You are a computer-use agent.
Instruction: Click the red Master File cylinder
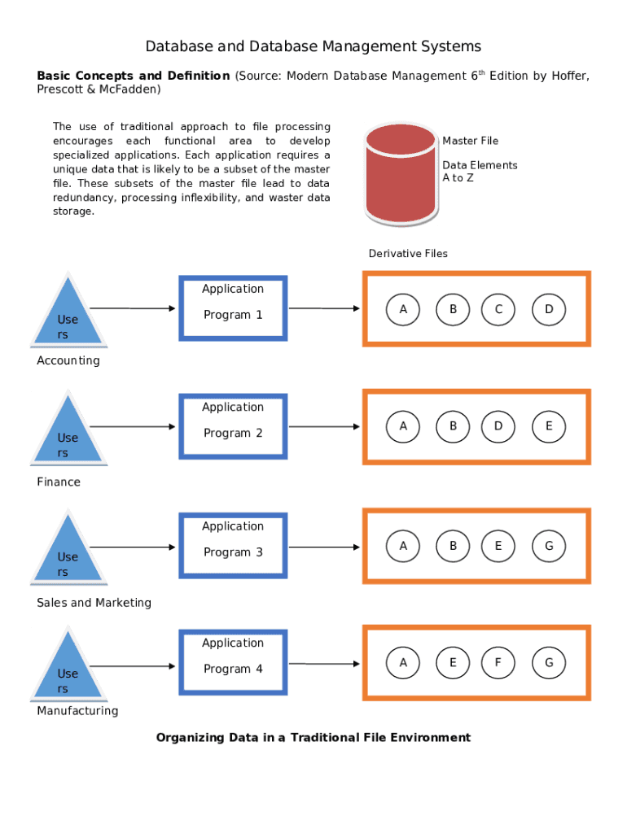click(x=401, y=174)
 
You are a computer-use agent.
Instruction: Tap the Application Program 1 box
click(x=233, y=307)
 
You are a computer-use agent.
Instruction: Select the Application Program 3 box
click(x=233, y=545)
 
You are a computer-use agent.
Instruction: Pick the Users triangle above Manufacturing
click(x=68, y=669)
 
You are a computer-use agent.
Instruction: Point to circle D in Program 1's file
click(x=549, y=309)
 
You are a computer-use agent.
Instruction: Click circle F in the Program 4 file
click(x=498, y=663)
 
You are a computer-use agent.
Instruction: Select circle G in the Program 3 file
click(x=549, y=547)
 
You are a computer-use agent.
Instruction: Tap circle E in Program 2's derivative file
click(x=549, y=426)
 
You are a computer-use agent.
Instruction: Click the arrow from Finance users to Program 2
click(x=132, y=426)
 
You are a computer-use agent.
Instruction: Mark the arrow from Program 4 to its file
click(x=324, y=665)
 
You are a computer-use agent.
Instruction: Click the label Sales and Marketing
click(x=94, y=603)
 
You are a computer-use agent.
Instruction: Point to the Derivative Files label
click(x=408, y=254)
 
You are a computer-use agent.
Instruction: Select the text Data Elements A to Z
click(x=479, y=171)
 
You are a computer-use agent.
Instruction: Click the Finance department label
click(x=59, y=482)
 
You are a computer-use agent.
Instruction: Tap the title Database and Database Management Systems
click(x=313, y=46)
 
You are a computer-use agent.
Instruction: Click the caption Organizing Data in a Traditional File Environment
click(x=313, y=738)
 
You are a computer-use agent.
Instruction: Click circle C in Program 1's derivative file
click(x=498, y=309)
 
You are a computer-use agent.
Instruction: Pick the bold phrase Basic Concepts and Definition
click(x=133, y=76)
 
